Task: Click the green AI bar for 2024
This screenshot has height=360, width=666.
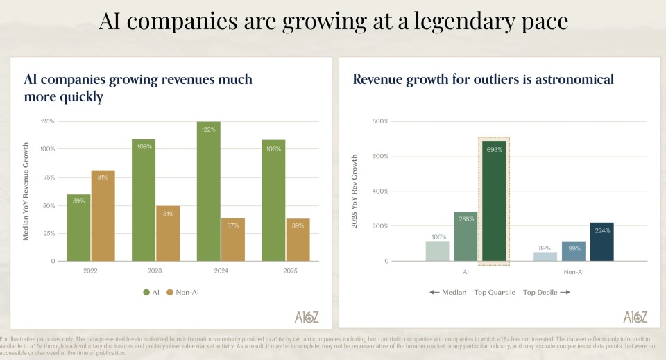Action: [208, 191]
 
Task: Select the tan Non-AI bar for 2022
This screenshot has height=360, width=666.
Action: [103, 215]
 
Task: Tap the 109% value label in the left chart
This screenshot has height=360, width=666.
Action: [144, 147]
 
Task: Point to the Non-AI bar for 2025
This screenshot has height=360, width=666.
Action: [298, 239]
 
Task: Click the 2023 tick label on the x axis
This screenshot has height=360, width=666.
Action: [155, 271]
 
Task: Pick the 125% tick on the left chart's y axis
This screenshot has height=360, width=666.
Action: [47, 121]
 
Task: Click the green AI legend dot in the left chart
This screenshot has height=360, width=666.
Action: [146, 293]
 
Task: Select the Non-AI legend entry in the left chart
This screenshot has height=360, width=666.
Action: [182, 293]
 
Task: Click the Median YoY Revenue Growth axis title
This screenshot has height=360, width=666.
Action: [26, 191]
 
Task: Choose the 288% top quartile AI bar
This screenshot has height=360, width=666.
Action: [466, 236]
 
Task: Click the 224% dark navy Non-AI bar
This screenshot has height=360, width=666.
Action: [601, 241]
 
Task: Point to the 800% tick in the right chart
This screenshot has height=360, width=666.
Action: [380, 121]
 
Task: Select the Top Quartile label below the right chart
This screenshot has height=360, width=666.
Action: [495, 293]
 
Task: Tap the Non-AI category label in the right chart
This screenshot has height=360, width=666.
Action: [574, 271]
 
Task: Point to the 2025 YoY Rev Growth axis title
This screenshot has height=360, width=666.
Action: [355, 191]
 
